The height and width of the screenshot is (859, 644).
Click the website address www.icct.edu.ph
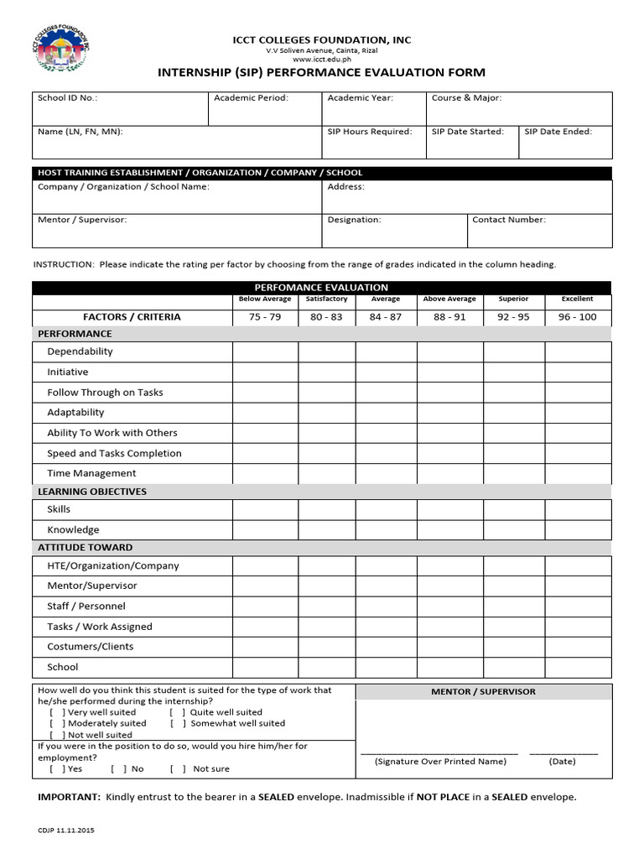tap(322, 60)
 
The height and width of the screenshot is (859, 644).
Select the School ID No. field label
tap(67, 98)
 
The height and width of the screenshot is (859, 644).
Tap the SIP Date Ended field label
tap(558, 132)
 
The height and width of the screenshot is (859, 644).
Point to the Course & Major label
tap(466, 98)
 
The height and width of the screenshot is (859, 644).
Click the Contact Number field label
tap(508, 220)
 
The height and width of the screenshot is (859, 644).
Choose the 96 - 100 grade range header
tap(577, 317)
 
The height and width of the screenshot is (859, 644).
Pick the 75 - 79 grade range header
tap(265, 317)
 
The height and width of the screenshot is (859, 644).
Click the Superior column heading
tap(513, 299)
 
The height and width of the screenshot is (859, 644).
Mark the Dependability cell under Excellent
tap(577, 351)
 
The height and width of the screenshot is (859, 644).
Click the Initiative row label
tap(67, 372)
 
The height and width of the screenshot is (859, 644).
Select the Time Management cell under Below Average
tap(265, 473)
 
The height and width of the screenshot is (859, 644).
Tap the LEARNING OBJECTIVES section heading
tap(92, 492)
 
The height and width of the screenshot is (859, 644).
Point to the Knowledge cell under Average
tap(386, 529)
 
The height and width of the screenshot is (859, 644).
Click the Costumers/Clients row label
tap(90, 647)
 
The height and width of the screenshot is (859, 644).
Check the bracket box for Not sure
tap(178, 768)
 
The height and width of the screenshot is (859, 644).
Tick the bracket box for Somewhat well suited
tap(178, 723)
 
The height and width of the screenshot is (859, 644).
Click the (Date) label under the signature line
tap(562, 762)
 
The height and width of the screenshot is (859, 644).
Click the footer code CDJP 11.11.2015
tap(66, 830)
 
